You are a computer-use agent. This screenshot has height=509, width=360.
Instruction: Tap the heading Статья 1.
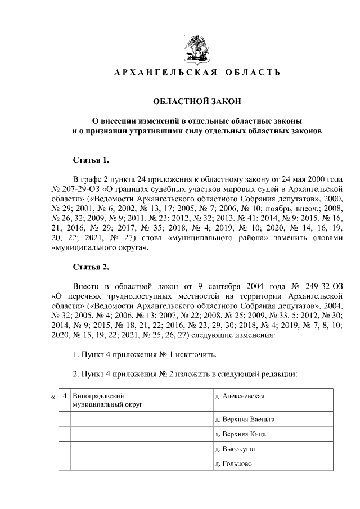tap(87, 159)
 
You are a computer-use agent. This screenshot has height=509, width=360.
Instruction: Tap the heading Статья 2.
tap(87, 267)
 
